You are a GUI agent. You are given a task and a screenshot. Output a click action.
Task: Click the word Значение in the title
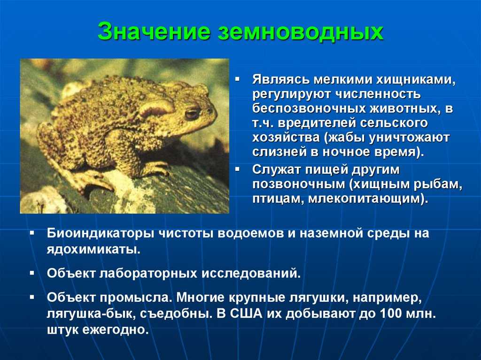154,31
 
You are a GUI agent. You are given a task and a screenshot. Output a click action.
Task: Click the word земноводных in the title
301,31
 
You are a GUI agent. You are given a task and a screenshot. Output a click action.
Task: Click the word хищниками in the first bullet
416,79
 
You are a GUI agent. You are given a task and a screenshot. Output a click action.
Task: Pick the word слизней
279,152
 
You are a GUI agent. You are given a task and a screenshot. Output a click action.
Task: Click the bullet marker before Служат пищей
237,169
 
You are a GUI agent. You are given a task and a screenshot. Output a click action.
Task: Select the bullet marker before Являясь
237,79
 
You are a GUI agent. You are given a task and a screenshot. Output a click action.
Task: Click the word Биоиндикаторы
101,233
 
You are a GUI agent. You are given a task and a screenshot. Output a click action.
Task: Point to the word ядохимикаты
93,249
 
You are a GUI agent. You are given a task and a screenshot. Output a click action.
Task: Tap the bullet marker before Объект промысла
32,297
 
